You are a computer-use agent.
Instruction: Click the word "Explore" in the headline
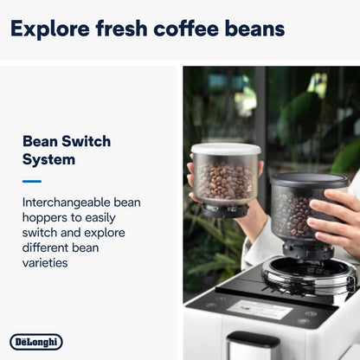pos(51,29)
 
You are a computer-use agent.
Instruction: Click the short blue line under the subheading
pos(32,181)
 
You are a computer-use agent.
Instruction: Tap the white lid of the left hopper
pos(225,149)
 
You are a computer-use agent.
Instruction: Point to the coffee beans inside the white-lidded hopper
pos(224,180)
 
